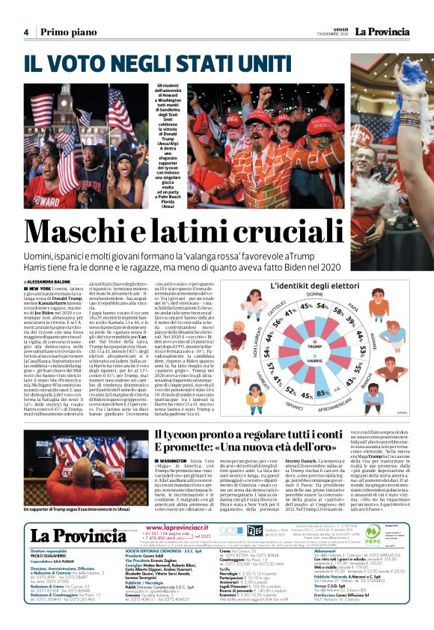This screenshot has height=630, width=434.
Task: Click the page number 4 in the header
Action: pyautogui.click(x=25, y=31)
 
